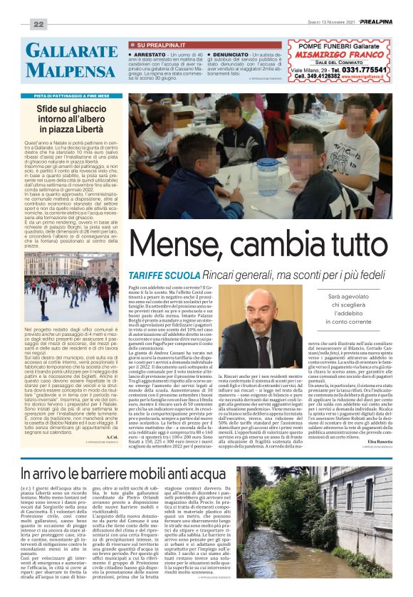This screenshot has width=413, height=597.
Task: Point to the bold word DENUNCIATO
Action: point(231,53)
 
